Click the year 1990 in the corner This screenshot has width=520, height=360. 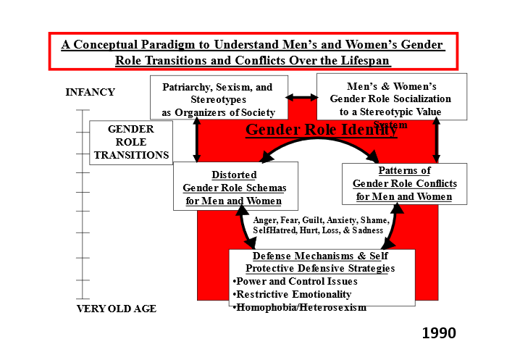click(439, 333)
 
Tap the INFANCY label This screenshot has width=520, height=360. click(90, 92)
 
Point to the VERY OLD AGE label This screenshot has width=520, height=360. click(117, 309)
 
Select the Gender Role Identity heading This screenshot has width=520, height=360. click(321, 130)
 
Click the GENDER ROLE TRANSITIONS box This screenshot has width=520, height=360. click(131, 142)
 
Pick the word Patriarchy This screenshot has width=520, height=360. click(185, 87)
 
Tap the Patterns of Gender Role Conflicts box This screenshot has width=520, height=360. click(404, 184)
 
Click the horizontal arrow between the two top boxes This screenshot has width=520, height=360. click(302, 96)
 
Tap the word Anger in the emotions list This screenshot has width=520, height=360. click(266, 219)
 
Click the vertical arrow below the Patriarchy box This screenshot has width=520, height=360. click(196, 141)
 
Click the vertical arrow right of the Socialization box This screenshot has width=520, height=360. click(436, 141)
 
